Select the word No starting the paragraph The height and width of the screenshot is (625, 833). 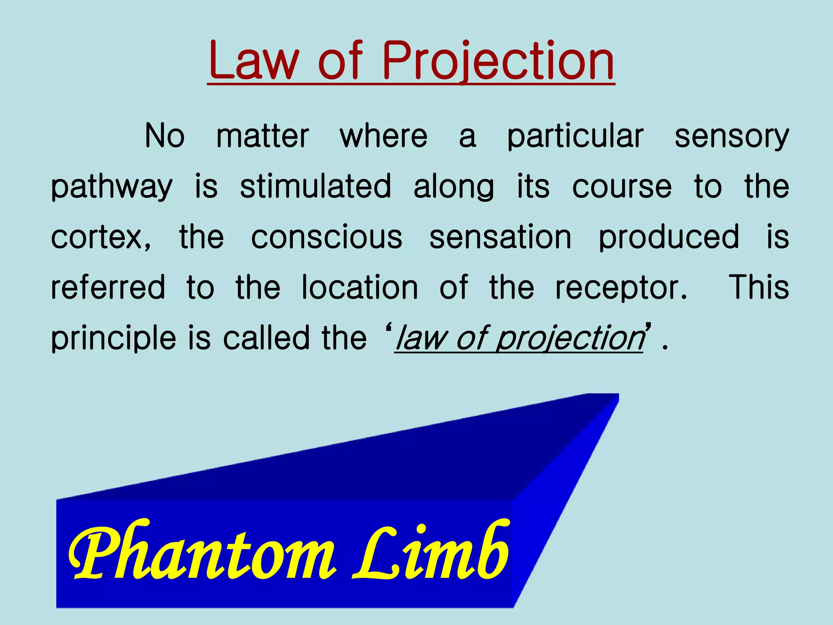tap(165, 135)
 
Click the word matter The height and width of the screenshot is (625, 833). tap(262, 135)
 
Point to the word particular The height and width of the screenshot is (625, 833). tap(575, 136)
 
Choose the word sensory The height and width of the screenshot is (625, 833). tap(732, 136)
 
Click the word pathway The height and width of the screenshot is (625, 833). tap(111, 187)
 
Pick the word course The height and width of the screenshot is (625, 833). tap(621, 187)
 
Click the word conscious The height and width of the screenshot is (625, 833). tap(327, 237)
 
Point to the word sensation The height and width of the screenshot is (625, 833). tap(500, 237)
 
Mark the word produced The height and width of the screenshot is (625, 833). tap(669, 237)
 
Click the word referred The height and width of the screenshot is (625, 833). tap(108, 287)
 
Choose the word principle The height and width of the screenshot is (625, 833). tap(113, 339)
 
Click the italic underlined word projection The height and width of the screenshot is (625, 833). tap(569, 339)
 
